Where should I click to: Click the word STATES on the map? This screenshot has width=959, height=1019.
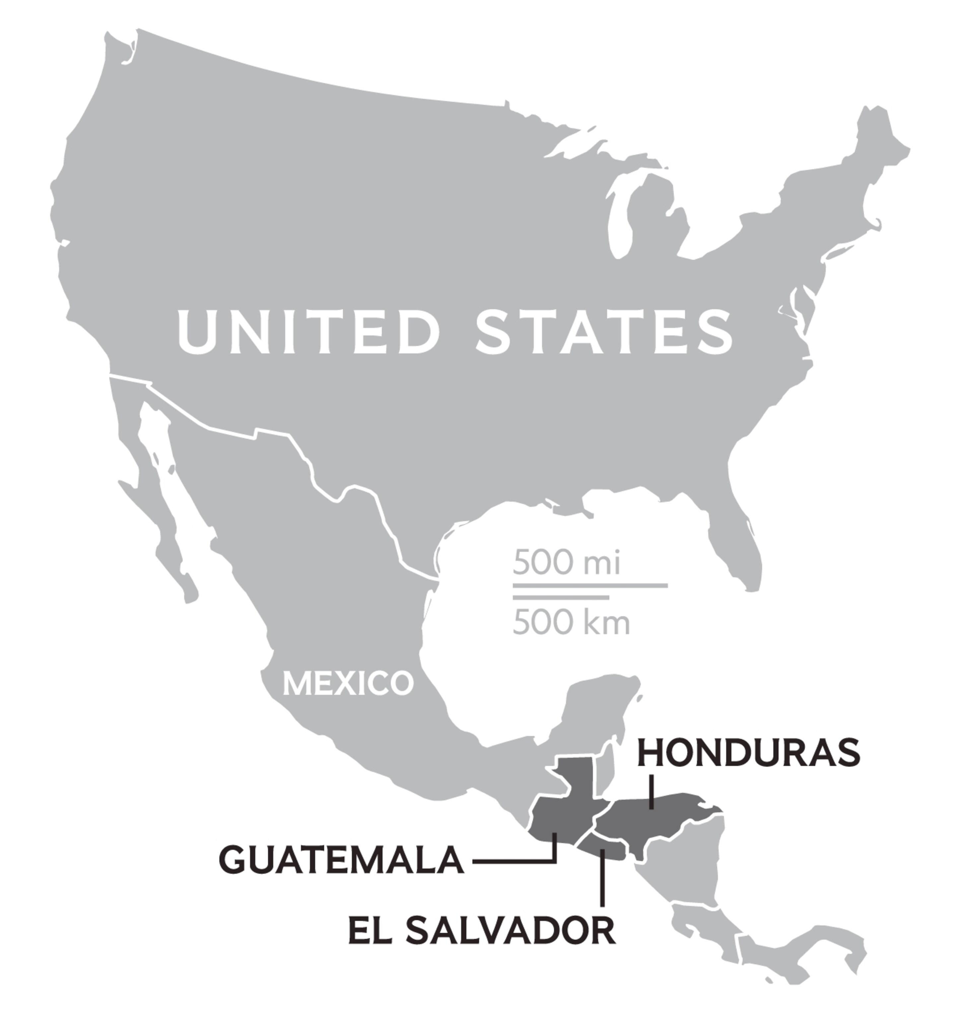[x=605, y=332]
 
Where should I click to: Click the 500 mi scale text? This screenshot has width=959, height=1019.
[x=566, y=562]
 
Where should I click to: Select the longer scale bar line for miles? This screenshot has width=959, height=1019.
[x=590, y=585]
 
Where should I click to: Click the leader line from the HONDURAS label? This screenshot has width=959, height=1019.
[x=651, y=792]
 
